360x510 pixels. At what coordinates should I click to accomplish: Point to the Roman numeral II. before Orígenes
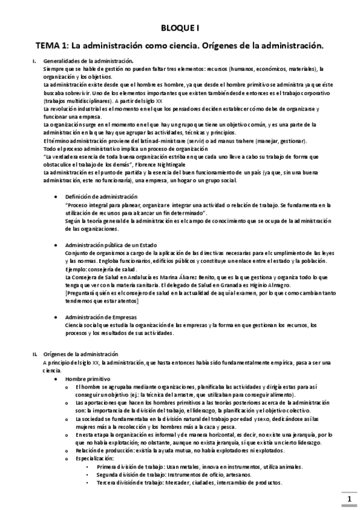click(35, 354)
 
